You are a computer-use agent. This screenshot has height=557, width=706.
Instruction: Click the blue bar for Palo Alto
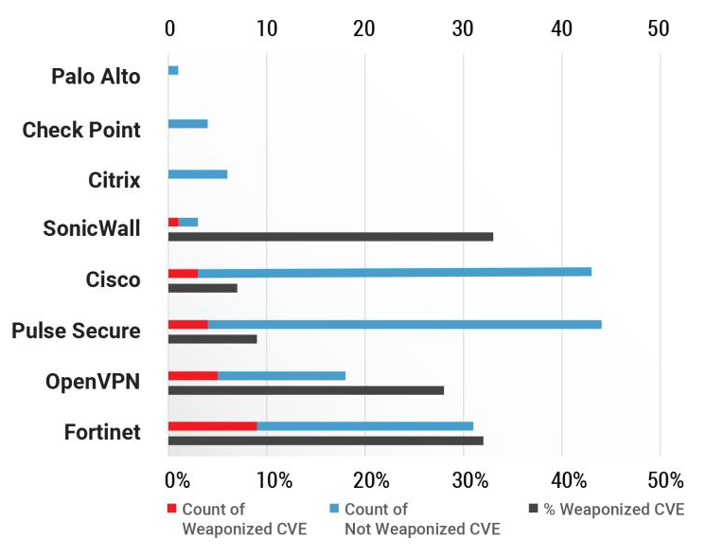[x=173, y=70]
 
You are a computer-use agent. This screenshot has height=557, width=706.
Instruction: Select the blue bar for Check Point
[x=188, y=124]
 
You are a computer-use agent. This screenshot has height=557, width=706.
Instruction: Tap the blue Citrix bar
[x=198, y=174]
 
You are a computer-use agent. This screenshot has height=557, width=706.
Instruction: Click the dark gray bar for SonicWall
[x=330, y=237]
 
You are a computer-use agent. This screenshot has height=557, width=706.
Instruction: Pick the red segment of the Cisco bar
[x=184, y=274]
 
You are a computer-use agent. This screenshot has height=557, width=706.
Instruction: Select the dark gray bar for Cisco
[x=203, y=288]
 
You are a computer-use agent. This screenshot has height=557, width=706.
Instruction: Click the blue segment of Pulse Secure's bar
[x=405, y=325]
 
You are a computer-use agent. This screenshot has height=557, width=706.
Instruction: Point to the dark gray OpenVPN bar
[x=307, y=390]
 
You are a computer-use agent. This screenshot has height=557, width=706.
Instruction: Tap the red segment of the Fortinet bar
[x=213, y=426]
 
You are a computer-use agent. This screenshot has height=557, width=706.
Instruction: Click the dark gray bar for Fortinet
[x=326, y=440]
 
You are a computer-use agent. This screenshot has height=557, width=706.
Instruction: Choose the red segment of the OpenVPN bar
[x=193, y=376]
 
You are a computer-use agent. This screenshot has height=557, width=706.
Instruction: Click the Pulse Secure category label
[x=76, y=331]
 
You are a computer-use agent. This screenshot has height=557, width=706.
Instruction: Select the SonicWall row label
[x=92, y=228]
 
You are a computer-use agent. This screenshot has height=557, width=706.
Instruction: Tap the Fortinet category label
[x=102, y=432]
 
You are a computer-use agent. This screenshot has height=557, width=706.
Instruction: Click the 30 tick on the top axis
[x=463, y=28]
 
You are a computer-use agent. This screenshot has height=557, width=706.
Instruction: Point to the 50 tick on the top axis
[x=659, y=28]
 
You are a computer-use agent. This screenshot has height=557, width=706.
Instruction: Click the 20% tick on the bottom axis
[x=372, y=480]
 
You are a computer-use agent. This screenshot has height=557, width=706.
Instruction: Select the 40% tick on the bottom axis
[x=569, y=480]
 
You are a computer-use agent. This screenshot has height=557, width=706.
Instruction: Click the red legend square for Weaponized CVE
[x=171, y=509]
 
